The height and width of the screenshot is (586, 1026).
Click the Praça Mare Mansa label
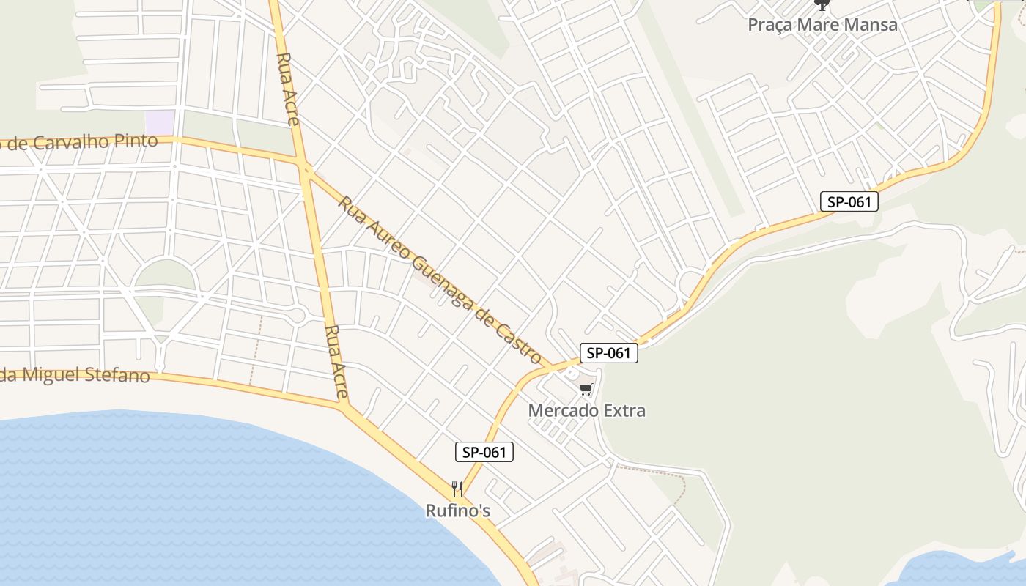pyautogui.click(x=822, y=25)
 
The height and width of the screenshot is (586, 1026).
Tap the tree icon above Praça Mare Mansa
pyautogui.click(x=822, y=4)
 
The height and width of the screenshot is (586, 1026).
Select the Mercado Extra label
pyautogui.click(x=587, y=410)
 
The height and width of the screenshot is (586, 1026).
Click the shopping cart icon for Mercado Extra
pyautogui.click(x=585, y=390)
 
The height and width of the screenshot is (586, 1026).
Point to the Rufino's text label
pyautogui.click(x=458, y=511)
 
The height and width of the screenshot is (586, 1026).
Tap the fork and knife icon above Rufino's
pyautogui.click(x=457, y=489)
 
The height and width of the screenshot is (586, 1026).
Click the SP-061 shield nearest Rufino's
pyautogui.click(x=484, y=452)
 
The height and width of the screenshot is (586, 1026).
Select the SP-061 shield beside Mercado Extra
pyautogui.click(x=609, y=353)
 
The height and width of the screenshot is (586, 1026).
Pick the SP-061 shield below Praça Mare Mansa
pyautogui.click(x=849, y=201)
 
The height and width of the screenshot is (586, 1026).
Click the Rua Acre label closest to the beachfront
pyautogui.click(x=336, y=362)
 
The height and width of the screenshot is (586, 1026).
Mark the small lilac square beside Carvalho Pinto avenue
pyautogui.click(x=160, y=122)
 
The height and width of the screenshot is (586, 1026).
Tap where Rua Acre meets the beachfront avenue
pyautogui.click(x=345, y=406)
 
